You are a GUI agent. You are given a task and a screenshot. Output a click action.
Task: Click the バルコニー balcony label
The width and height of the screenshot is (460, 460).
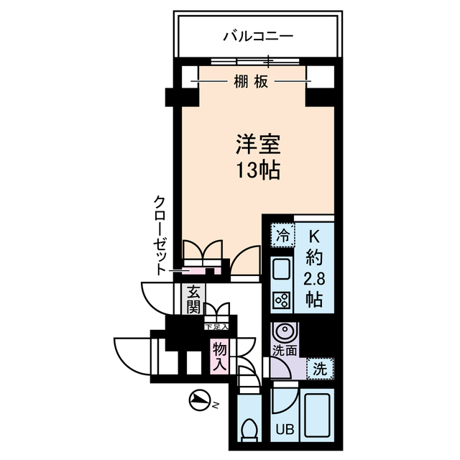coord(258,34)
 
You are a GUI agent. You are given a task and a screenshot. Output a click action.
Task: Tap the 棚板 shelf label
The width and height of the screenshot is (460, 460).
coord(251,82)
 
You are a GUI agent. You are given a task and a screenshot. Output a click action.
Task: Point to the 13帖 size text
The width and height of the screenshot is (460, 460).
coord(256,171)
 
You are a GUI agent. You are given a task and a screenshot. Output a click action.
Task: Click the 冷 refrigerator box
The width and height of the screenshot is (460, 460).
coord(283,234)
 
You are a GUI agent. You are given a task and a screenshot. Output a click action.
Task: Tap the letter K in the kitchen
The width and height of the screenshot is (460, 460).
coord(315,235)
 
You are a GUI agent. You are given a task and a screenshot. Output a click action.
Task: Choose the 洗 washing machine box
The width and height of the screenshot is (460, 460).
coord(320,369)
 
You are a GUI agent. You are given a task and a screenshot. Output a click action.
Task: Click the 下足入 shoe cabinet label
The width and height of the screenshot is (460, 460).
coord(216,327)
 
